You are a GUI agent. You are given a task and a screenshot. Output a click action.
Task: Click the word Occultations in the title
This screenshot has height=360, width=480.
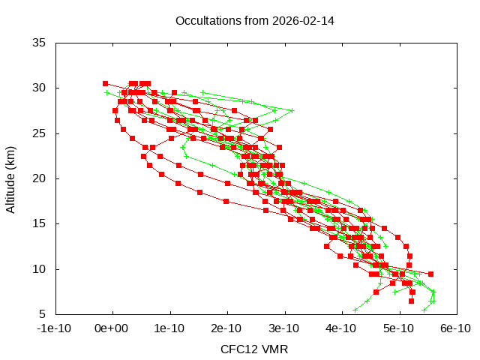(205, 20)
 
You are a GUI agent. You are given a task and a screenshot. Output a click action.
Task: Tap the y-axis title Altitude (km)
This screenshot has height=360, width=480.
(11, 178)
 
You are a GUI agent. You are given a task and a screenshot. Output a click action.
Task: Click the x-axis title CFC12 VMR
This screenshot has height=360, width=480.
(254, 349)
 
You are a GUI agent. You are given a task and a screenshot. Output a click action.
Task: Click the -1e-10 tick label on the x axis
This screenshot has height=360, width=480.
(55, 328)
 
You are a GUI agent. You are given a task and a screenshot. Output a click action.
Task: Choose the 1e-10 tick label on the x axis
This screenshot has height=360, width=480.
(170, 328)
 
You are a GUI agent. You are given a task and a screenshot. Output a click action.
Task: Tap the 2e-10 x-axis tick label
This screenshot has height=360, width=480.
(227, 328)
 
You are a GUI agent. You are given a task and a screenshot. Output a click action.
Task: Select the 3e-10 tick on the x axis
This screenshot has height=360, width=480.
(284, 328)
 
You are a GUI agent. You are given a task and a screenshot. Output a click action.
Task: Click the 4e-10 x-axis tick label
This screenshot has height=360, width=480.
(341, 328)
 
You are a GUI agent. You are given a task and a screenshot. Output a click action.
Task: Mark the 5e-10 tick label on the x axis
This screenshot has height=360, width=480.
(398, 328)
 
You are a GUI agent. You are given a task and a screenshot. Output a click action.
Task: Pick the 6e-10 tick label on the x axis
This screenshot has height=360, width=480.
(455, 328)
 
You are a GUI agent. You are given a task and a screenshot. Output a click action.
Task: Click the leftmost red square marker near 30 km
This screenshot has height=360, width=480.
(105, 83)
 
